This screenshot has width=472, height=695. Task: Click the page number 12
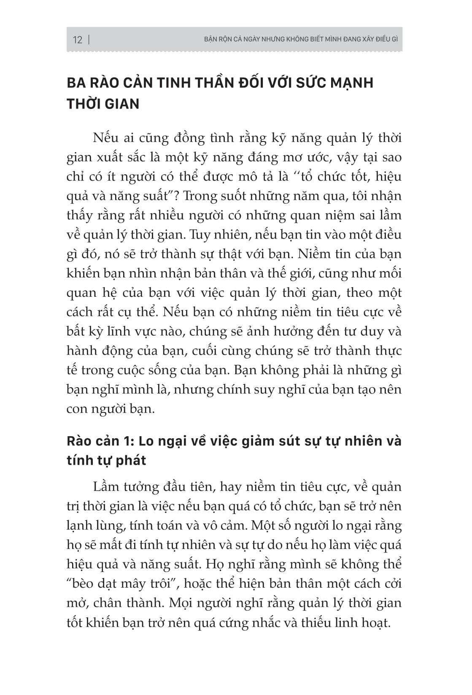coord(78,40)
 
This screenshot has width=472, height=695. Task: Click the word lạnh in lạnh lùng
coord(80,526)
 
